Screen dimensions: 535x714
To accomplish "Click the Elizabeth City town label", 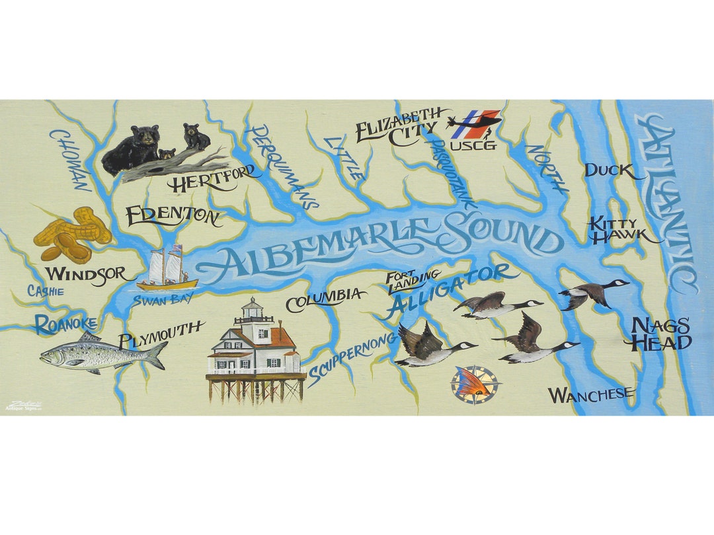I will point(397,127).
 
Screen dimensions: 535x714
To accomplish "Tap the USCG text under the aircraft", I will point(473,145).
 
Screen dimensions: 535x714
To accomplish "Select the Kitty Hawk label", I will point(615,231).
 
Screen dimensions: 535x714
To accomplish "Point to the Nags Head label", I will point(661,334).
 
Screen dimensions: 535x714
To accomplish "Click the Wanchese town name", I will point(591,395).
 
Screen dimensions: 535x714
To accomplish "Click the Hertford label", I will point(213,179).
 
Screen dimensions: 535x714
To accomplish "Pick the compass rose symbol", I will point(476,385).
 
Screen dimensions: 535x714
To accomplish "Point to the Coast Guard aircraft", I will point(474,122).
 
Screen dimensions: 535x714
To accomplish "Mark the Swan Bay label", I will point(154,299).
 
